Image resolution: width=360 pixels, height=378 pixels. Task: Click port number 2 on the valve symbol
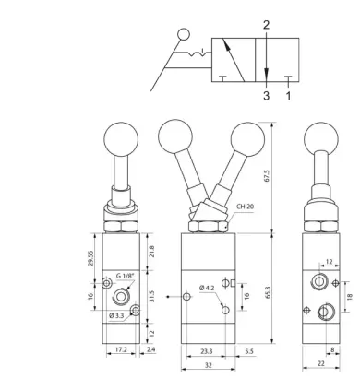[x=266, y=25]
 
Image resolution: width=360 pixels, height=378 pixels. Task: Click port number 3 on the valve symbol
[x=266, y=96]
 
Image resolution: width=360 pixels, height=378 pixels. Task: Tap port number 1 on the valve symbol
[x=288, y=96]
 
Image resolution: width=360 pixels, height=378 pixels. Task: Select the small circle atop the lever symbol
[x=184, y=34]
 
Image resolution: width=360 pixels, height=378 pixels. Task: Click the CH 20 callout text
[x=246, y=207]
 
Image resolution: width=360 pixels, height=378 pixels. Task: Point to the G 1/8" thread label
[x=126, y=276]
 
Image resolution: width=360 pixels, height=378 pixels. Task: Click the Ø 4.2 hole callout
[x=207, y=288]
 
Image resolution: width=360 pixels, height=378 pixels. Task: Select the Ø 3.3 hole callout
[x=116, y=315]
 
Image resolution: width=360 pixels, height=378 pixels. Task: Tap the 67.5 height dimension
[x=267, y=175]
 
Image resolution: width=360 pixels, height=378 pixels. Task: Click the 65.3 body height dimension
[x=268, y=292]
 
